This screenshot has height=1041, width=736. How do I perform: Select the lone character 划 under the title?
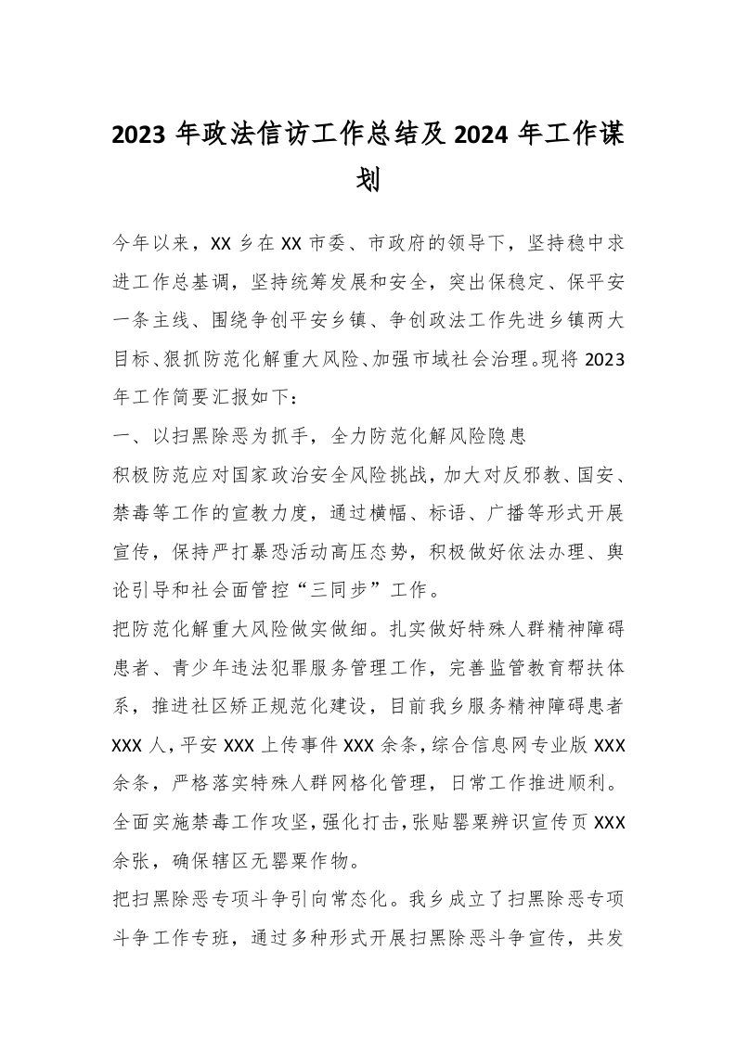(x=368, y=179)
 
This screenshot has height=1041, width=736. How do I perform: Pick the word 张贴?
(x=387, y=819)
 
